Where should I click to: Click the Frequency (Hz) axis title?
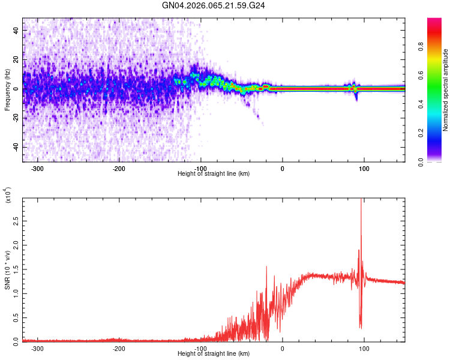[x=7, y=90]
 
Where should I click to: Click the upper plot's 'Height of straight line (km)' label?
[x=214, y=174]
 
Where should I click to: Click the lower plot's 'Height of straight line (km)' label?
[x=214, y=354]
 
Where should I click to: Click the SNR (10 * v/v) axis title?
[x=7, y=270]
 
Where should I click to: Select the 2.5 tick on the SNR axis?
[x=16, y=222]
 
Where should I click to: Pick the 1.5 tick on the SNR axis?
[x=16, y=269]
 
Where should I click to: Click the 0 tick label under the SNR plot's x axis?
[x=283, y=349]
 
